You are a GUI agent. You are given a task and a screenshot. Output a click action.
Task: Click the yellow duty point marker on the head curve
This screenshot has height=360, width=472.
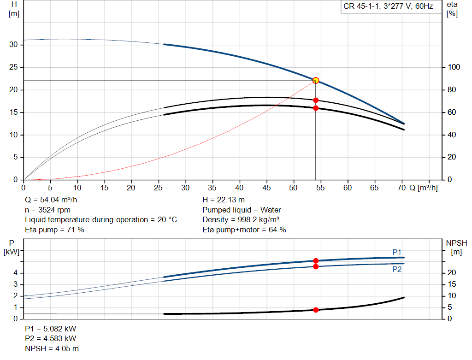tap(316, 80)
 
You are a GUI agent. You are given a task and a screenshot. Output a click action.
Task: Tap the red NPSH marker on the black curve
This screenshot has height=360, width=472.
tap(316, 310)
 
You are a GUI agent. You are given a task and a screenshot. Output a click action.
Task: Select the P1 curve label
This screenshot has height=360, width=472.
tap(397, 252)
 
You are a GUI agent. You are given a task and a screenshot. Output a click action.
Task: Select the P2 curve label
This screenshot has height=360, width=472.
tap(397, 269)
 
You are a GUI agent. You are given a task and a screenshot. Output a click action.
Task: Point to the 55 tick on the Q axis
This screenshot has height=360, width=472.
tap(320, 188)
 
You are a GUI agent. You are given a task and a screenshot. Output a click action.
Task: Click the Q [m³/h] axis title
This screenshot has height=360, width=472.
tap(423, 188)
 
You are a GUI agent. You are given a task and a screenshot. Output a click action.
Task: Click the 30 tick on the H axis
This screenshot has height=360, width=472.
tap(14, 45)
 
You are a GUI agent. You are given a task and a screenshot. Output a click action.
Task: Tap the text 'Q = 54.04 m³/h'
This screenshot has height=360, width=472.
tap(52, 200)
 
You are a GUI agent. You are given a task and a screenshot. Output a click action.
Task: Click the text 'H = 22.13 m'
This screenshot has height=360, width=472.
tap(224, 200)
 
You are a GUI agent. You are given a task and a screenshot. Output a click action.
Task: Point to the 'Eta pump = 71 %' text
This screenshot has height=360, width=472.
tap(54, 230)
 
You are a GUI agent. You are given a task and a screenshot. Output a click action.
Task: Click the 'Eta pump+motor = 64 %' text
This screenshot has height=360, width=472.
tap(244, 230)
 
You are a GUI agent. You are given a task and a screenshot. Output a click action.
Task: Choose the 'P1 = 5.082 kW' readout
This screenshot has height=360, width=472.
tap(51, 330)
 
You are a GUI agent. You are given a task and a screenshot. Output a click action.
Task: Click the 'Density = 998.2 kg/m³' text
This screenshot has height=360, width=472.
tap(241, 219)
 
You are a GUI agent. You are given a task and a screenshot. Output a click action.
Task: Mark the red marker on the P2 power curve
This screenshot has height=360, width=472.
tap(316, 266)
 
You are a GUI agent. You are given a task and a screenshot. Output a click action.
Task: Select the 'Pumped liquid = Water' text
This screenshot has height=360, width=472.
tap(242, 210)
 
